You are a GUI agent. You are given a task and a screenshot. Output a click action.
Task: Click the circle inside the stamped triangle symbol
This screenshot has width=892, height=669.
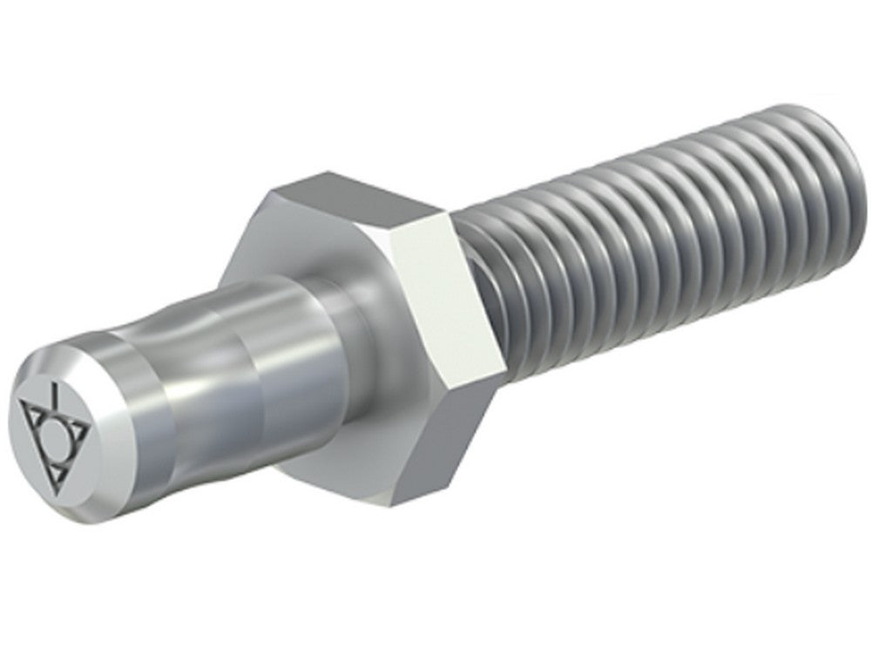pyautogui.click(x=55, y=433)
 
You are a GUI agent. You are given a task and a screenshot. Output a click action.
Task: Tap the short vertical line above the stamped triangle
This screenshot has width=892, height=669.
pyautogui.click(x=55, y=396)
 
